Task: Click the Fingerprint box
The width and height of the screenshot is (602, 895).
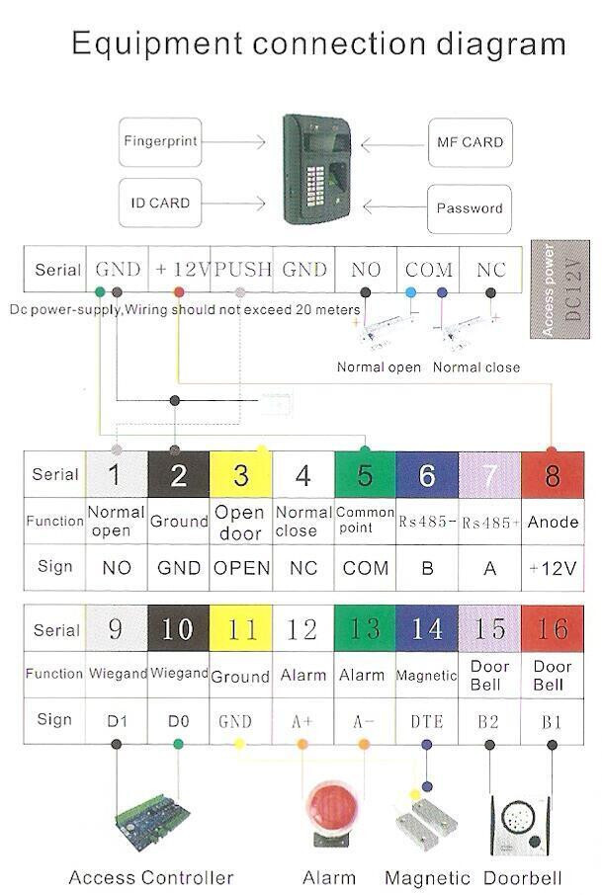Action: tap(160, 141)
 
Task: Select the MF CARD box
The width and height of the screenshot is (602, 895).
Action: tap(469, 142)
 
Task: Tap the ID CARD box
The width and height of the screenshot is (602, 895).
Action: tap(159, 203)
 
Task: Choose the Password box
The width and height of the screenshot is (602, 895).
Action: tap(470, 208)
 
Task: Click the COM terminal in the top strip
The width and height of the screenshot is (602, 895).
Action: tap(428, 269)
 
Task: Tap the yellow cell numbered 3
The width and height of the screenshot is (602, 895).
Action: tap(241, 475)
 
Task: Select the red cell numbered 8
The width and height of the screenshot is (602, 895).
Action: tap(552, 475)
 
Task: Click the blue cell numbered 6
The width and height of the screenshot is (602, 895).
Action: tap(427, 475)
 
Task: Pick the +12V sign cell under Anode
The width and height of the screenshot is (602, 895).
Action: tap(552, 568)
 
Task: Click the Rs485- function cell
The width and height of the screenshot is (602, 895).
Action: tap(427, 521)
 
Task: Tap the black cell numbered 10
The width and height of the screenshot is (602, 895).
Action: tap(178, 629)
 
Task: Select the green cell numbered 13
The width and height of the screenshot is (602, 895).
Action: tap(365, 629)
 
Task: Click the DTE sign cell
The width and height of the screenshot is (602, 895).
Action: tap(427, 721)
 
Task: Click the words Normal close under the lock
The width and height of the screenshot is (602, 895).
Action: tap(475, 367)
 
